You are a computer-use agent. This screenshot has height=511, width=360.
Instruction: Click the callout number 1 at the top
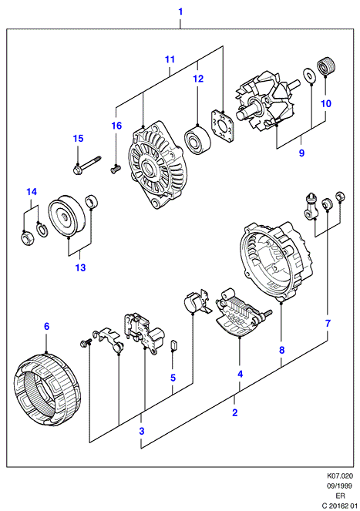coord(180,12)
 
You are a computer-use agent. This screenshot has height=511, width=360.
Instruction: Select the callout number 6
coord(46,326)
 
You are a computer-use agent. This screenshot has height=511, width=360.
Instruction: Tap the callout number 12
coord(198,79)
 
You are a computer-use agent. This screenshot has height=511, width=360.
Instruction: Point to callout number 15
coord(78,139)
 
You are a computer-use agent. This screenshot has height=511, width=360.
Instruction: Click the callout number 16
coord(116,126)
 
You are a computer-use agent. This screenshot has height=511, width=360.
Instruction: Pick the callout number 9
coord(301,153)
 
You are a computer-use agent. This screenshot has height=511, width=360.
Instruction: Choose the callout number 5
coord(173,378)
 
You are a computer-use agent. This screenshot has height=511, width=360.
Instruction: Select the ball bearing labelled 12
coord(197,141)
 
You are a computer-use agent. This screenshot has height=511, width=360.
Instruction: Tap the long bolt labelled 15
coord(87,165)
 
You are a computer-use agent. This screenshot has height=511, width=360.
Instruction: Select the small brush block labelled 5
coord(173,345)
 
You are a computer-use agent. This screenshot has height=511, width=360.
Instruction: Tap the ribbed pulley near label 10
coord(326,66)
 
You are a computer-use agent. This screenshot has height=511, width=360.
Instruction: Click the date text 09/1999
coord(340,486)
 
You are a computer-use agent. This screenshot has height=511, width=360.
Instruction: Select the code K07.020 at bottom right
coord(341,476)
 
